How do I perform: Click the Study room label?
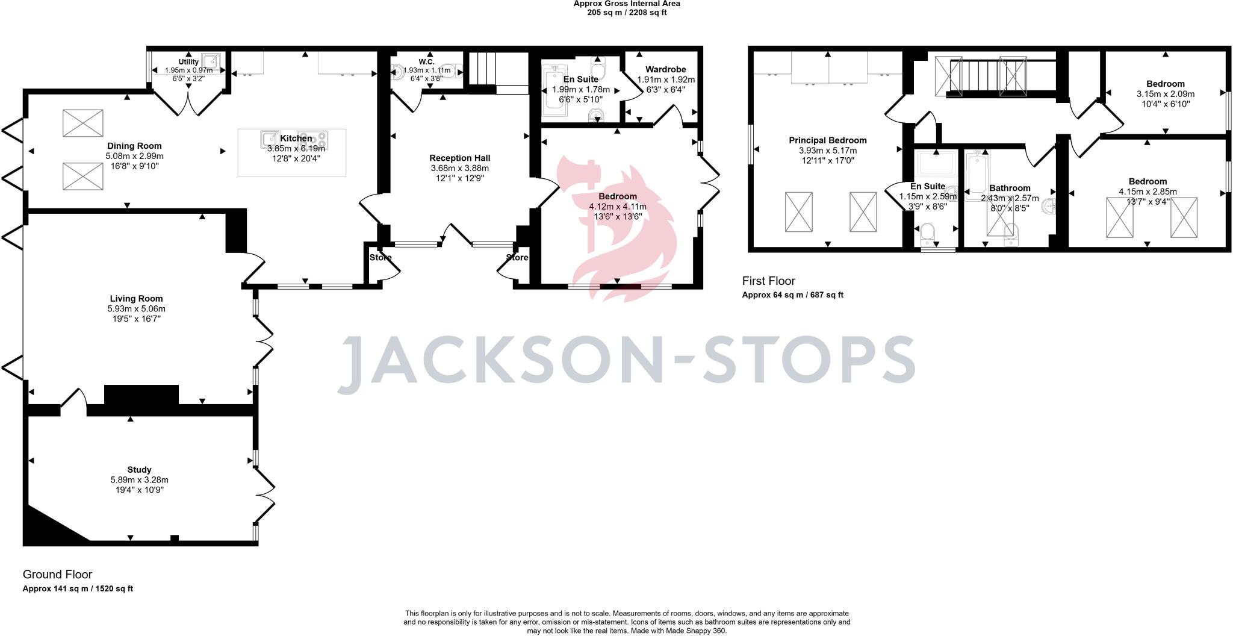coord(139,470)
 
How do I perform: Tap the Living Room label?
coord(136,299)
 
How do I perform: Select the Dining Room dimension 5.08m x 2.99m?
coord(134,156)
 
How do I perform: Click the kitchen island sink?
coord(270,139)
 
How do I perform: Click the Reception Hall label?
coord(459,158)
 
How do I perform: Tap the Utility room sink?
coord(210,61)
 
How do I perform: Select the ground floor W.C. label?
coord(426,62)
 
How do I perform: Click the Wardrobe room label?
coord(665,70)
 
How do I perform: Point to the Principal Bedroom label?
coord(827,140)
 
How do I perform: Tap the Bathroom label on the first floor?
coord(1010,188)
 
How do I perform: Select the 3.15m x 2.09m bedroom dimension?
coord(1166,94)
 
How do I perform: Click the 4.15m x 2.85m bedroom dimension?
coord(1148,192)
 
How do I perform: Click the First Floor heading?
coord(768,281)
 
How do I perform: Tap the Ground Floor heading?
coord(57,575)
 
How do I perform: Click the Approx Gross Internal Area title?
coord(627,4)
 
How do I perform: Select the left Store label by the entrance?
coord(380,258)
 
